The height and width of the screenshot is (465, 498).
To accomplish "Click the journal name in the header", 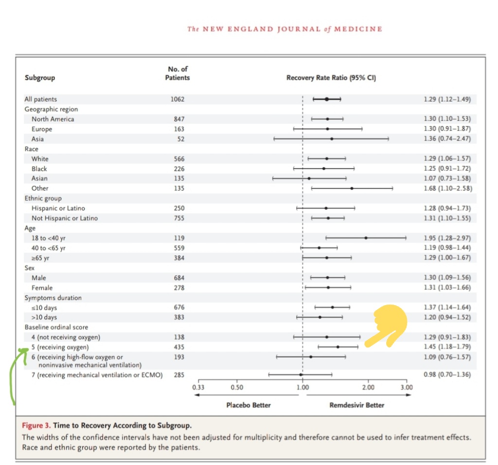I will coord(285,29).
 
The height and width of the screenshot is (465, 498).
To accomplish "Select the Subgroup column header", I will coord(40,78).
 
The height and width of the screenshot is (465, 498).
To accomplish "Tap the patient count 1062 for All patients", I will coord(178,99).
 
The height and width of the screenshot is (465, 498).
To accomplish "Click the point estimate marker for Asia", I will coord(332,139).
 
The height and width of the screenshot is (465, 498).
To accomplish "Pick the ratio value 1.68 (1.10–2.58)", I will coord(447,189).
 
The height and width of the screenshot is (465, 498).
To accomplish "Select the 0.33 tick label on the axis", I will coord(198,387).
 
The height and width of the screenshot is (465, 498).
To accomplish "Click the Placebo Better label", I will coord(249,405).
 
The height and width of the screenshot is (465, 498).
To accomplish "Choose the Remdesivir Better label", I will coord(356,405).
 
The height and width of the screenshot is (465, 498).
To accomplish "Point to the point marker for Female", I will coord(328,288).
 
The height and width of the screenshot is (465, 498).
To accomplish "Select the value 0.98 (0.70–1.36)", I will coord(447,375).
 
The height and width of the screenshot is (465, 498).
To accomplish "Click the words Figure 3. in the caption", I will coord(36,426).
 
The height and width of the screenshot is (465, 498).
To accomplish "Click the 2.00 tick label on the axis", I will coord(368,387).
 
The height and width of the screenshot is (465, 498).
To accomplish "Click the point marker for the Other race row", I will coord(352,189).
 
